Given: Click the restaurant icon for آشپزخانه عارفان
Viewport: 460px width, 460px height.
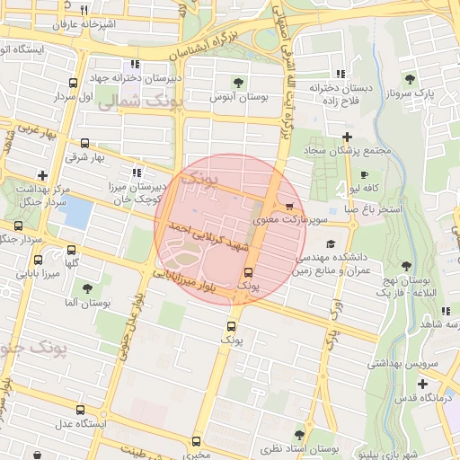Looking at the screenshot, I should (x=84, y=10).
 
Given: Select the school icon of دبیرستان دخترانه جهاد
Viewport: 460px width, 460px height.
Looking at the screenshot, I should (x=136, y=64).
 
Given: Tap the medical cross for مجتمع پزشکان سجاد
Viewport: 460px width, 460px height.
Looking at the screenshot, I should (x=347, y=136).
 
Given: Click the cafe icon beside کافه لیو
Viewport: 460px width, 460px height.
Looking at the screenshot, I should (x=363, y=174).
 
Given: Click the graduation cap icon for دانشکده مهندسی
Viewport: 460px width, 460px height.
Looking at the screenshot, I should (x=331, y=243).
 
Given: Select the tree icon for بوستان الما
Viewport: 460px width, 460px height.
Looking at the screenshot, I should (x=87, y=288).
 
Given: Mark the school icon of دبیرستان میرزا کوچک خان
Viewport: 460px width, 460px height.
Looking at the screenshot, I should (x=136, y=172).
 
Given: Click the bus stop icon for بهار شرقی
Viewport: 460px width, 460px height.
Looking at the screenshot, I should (x=84, y=143).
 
